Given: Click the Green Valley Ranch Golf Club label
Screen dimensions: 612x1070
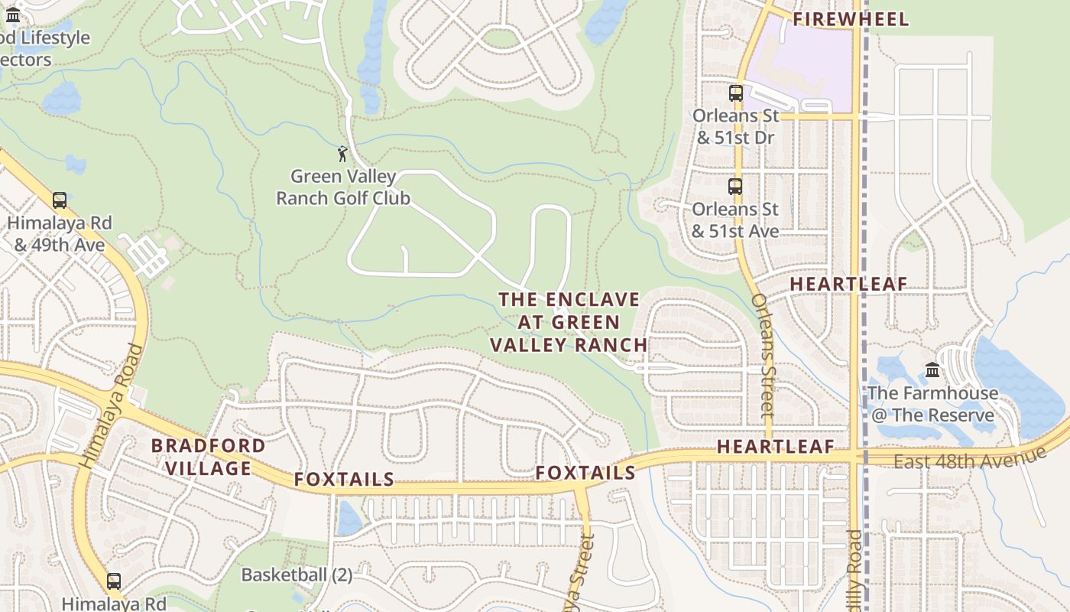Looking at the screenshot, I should (x=343, y=187).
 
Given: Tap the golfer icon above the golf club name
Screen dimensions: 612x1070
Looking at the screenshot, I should (x=342, y=154).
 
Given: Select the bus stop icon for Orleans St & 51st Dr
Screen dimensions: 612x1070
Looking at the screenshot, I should (x=736, y=93).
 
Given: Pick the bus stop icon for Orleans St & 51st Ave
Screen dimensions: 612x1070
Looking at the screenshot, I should (x=735, y=187).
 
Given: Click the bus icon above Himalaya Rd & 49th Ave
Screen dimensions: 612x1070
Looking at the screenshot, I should (x=60, y=200).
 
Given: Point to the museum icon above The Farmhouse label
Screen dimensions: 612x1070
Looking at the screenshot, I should (x=932, y=370).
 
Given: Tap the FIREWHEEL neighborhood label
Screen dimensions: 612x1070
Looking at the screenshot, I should (x=851, y=19).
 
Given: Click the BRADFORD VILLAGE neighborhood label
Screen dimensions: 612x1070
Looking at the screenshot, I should (x=209, y=457).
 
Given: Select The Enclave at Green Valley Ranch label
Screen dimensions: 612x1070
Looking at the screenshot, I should (x=569, y=322).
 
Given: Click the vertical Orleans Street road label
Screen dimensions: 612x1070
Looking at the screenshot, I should (x=764, y=356).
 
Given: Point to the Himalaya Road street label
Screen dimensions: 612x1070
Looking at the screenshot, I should (x=112, y=406).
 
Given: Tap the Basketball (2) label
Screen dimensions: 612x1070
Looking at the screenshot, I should (x=297, y=575).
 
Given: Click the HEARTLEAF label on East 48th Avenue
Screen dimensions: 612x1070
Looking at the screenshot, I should (x=775, y=448).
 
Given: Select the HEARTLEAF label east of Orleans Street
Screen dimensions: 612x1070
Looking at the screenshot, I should (x=848, y=284).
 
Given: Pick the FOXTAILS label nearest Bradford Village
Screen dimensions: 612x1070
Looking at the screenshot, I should (x=344, y=480).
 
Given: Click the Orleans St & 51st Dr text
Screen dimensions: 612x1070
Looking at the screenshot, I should (x=735, y=127).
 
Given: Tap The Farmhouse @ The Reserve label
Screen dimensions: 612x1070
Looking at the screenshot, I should (x=932, y=405).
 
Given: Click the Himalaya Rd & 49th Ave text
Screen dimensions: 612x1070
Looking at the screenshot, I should (x=60, y=234).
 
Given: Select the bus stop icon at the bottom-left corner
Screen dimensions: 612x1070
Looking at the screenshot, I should (x=114, y=581).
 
